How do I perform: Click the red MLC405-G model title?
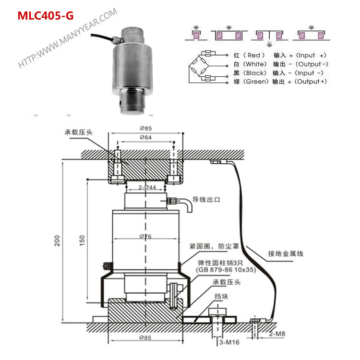pyautogui.click(x=46, y=16)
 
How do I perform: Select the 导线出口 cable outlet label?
pyautogui.click(x=206, y=199)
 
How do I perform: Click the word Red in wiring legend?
pyautogui.click(x=253, y=56)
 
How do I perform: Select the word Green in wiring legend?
pyautogui.click(x=255, y=82)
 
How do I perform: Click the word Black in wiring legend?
pyautogui.click(x=255, y=73)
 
